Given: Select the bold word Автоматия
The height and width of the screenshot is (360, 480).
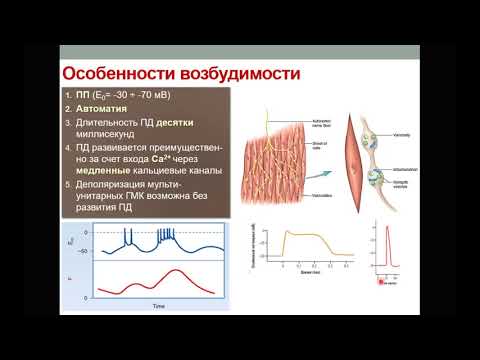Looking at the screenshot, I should coord(99,107).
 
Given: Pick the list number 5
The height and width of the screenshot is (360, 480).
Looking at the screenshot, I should coord(70,185).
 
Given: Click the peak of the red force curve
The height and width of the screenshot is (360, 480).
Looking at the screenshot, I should coord(179,270).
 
